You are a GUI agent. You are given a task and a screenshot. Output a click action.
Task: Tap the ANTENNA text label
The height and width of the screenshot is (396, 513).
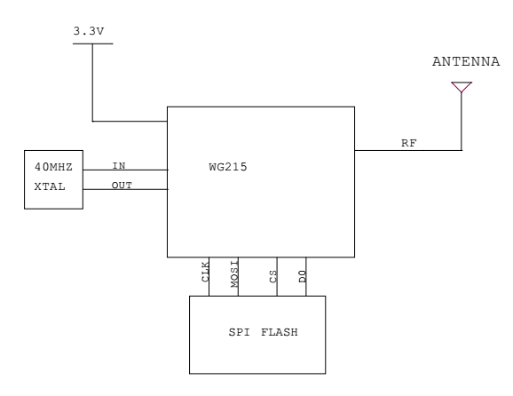pos(461,64)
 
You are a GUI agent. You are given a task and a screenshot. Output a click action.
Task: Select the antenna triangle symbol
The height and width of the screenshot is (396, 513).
pos(462,87)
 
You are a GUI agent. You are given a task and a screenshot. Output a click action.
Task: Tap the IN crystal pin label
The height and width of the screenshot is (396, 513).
pos(118,165)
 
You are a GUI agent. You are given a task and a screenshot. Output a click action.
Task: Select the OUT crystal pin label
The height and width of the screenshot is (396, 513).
pos(122,185)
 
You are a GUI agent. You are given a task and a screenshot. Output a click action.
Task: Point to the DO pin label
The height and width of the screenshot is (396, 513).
pos(302,275)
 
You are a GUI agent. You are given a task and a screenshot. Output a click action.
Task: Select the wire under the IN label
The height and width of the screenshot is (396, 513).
pos(124,170)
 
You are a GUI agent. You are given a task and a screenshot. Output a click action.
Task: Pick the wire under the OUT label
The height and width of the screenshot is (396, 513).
pos(124,189)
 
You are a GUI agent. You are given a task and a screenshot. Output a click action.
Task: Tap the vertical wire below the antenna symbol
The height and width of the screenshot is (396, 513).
pos(462,120)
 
